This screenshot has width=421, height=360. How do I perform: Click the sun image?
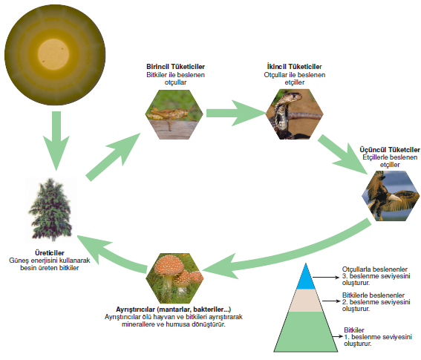click(55, 55)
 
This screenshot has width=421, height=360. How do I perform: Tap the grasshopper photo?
click(174, 114)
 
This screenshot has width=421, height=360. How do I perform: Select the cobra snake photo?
click(295, 114)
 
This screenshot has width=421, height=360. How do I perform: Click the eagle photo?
click(391, 196)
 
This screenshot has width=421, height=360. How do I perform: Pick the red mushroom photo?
click(174, 278)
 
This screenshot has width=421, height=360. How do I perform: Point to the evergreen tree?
click(51, 210)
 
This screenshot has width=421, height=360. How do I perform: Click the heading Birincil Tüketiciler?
click(175, 67)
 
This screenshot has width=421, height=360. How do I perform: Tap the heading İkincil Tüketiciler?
click(295, 67)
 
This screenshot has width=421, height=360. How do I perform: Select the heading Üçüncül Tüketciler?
click(390, 149)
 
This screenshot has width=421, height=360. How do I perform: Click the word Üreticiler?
click(50, 253)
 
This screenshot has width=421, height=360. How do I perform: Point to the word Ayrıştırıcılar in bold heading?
click(135, 310)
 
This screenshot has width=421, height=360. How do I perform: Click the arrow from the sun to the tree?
click(56, 141)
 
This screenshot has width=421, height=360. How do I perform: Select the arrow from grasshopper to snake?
click(235, 113)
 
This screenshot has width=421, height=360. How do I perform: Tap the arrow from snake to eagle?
click(342, 154)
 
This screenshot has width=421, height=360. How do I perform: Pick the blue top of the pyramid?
click(306, 278)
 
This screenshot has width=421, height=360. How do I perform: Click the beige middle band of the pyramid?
click(306, 301)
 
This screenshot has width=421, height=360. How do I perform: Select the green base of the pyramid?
click(306, 333)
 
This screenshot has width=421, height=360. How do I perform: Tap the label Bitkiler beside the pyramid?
click(354, 330)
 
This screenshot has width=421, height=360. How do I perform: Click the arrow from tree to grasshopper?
click(113, 157)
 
